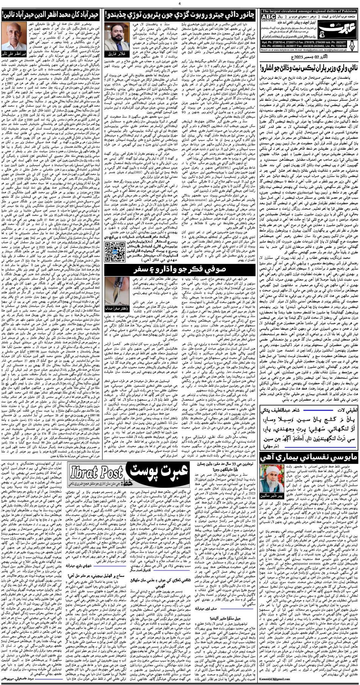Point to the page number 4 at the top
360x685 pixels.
pyautogui.click(x=180, y=3)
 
